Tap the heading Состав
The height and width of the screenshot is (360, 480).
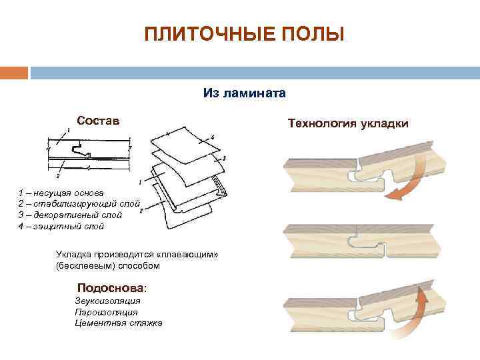coord(98,121)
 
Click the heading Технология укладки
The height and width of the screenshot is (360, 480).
coord(348,123)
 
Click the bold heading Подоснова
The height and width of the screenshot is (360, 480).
coord(111,288)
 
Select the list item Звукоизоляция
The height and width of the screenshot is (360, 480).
coord(107,301)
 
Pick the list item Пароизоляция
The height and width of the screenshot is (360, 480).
coord(106,312)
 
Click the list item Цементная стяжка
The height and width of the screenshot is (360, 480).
coord(118,323)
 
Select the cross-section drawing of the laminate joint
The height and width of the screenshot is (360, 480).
coord(88,153)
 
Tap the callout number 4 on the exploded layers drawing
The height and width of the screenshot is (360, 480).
coord(212,137)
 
